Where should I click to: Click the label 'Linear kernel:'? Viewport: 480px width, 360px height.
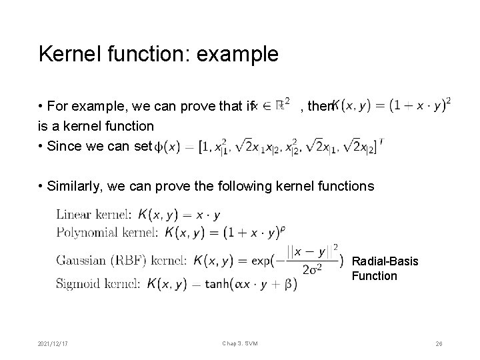(94, 215)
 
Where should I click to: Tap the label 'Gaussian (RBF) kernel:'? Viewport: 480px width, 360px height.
(123, 259)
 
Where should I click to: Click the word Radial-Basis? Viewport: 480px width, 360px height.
(385, 261)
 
